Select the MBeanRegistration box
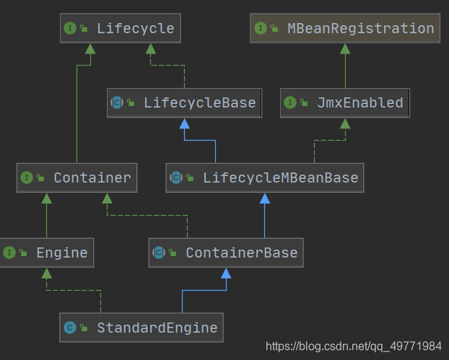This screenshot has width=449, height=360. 344,29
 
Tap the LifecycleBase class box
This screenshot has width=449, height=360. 184,102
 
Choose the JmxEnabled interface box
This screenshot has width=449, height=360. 345,102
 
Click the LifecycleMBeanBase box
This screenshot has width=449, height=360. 264,177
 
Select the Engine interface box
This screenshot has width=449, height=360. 46,253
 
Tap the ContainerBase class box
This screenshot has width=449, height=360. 226,253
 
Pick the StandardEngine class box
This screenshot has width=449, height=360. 141,328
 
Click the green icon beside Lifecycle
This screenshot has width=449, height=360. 70,29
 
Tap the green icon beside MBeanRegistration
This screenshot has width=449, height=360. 261,29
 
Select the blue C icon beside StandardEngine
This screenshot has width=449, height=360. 70,328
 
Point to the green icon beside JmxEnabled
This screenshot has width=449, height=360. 290,102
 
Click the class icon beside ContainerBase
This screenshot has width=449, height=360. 158,253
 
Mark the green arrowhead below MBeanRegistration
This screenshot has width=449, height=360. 345,48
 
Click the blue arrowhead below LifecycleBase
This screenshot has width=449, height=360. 184,123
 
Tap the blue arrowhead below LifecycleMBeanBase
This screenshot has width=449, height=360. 264,198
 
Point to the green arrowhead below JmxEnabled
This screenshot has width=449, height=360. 345,123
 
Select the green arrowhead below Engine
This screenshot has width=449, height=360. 46,273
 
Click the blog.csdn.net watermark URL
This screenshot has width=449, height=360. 354,346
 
